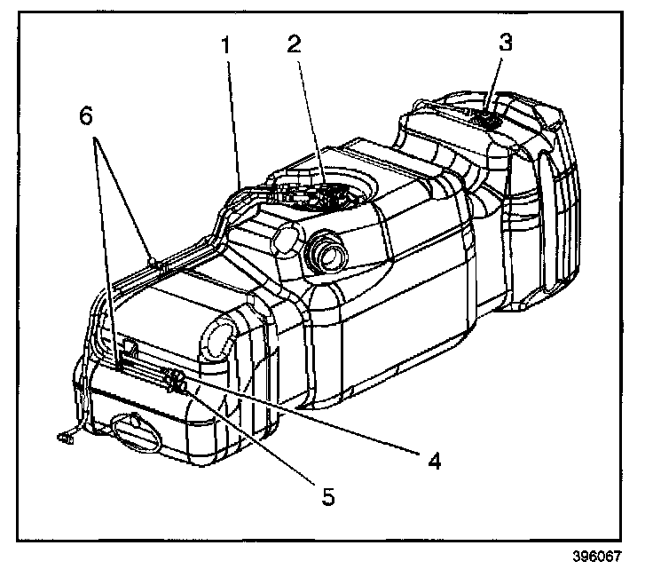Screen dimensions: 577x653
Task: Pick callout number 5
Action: pyautogui.click(x=328, y=497)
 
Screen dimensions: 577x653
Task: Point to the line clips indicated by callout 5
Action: pyautogui.click(x=176, y=383)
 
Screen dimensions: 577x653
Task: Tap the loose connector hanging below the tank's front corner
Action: pyautogui.click(x=65, y=436)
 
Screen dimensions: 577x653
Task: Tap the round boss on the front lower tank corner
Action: pyautogui.click(x=218, y=338)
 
